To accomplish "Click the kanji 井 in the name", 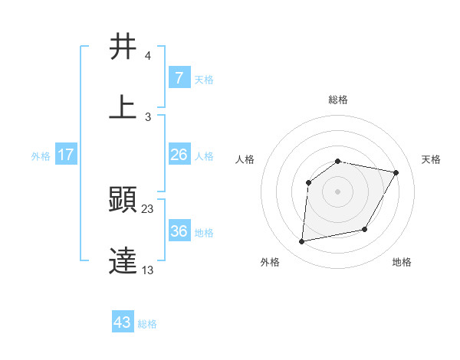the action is coord(123,47).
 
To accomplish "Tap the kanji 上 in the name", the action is coord(123,106).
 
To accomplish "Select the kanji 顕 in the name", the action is coord(123,201).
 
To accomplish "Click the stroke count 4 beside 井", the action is coord(147,57).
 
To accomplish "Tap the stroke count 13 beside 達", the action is coord(148,270).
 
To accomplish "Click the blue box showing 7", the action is coord(179,77).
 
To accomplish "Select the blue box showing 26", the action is coord(179,155).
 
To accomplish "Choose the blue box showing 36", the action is coord(179,231).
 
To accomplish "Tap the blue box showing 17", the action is coord(66,155).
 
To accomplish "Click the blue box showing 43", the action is coord(123,322).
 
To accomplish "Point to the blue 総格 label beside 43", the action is coord(147,324).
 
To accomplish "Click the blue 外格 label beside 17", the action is coord(41,156).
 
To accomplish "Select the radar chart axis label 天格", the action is coord(431,159).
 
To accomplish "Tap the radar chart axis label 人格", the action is coord(245,159).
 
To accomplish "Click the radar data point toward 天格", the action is coord(396,173).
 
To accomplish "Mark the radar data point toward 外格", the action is coord(302,242).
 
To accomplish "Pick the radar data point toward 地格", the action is coord(365,229).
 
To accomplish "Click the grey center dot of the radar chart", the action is coord(337,191).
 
